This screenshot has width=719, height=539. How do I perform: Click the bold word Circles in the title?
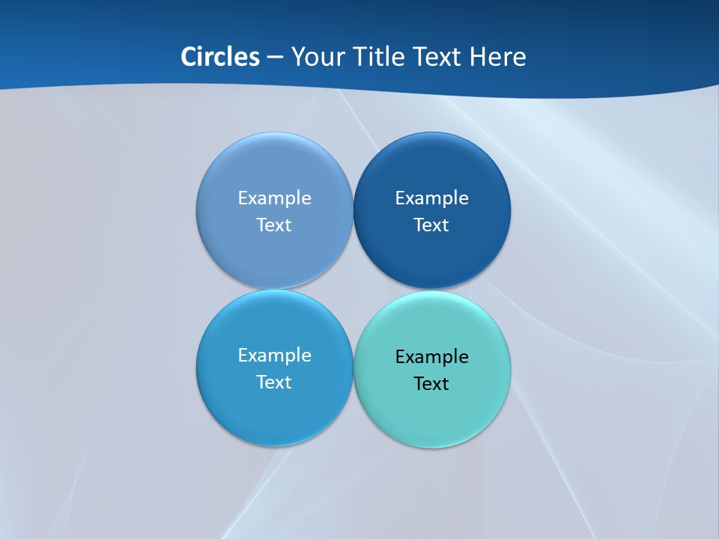click(220, 57)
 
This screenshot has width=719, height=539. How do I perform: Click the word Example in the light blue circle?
click(274, 198)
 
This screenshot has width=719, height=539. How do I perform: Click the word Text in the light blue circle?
click(274, 225)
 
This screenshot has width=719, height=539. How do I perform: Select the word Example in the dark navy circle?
click(432, 198)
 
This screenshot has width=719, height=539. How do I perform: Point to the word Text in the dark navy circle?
click(432, 225)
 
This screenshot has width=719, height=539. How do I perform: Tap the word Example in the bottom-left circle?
click(274, 355)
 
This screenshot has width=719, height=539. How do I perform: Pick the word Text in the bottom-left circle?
click(274, 382)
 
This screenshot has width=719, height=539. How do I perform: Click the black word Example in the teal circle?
click(432, 356)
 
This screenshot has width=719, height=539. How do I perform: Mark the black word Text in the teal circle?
click(432, 383)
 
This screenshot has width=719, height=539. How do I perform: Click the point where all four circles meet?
click(354, 289)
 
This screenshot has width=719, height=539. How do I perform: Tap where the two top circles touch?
click(354, 210)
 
